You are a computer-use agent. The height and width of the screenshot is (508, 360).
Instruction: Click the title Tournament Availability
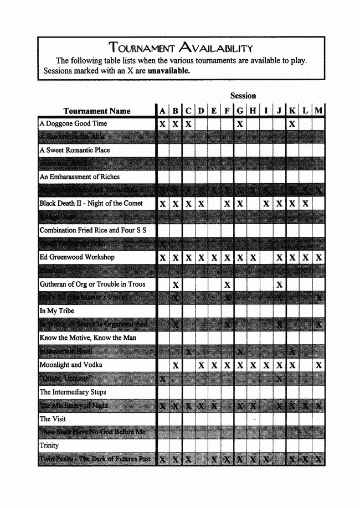click(181, 48)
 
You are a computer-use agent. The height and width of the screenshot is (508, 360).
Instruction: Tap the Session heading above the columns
click(243, 96)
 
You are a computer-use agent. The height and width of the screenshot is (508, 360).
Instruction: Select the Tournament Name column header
click(97, 111)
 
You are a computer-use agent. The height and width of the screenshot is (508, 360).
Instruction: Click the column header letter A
click(162, 111)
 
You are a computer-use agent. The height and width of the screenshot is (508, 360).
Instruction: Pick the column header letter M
click(318, 111)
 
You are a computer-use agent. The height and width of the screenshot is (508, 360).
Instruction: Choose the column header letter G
click(240, 111)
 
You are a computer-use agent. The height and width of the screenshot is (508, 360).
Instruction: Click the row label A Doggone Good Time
click(73, 123)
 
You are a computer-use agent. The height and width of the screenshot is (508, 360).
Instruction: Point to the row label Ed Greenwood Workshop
click(77, 257)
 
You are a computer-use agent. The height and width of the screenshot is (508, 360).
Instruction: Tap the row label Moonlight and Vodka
click(71, 365)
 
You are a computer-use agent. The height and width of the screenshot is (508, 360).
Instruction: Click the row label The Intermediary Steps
click(73, 392)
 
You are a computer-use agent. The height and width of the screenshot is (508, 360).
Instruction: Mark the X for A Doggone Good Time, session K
click(292, 124)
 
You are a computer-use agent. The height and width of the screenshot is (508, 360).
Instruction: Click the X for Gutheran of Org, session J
click(279, 284)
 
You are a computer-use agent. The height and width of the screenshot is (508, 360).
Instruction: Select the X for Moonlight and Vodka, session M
click(318, 365)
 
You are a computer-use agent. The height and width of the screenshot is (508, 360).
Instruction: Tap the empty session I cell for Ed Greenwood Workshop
click(266, 257)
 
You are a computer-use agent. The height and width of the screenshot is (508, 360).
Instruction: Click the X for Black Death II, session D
click(201, 204)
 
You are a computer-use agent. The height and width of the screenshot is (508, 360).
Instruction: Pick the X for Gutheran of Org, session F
click(227, 284)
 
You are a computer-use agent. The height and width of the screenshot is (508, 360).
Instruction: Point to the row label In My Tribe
click(57, 311)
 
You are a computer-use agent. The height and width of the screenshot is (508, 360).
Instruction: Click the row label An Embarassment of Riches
click(79, 177)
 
